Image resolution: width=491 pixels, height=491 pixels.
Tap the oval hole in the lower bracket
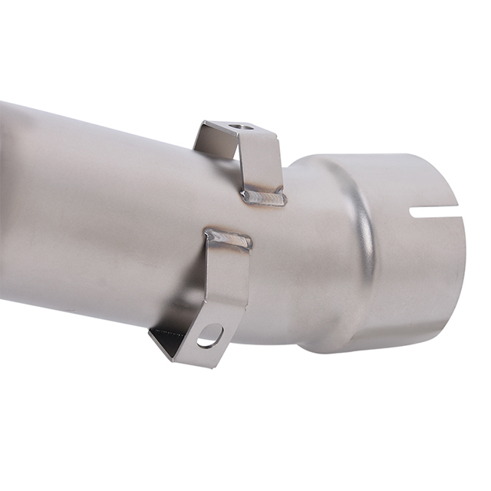(209, 336)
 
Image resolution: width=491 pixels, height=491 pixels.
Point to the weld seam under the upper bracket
(265, 198)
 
